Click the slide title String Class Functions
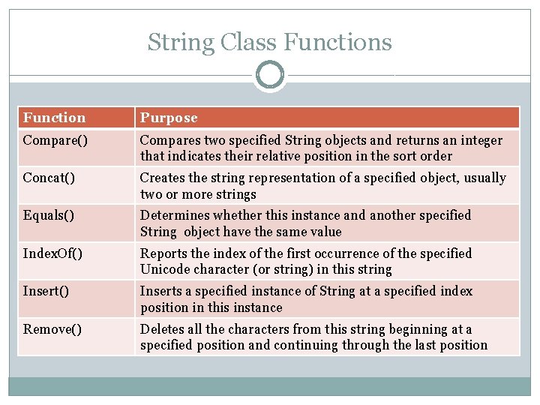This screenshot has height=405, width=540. tap(269, 42)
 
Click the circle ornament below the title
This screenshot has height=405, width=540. tap(270, 76)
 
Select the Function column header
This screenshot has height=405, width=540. tap(54, 118)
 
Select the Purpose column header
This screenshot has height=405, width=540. tap(169, 118)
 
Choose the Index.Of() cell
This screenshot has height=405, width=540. tap(52, 253)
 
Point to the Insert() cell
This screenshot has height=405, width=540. tap(46, 291)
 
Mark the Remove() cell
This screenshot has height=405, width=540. tap(52, 328)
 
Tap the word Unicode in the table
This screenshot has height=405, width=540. tap(164, 269)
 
